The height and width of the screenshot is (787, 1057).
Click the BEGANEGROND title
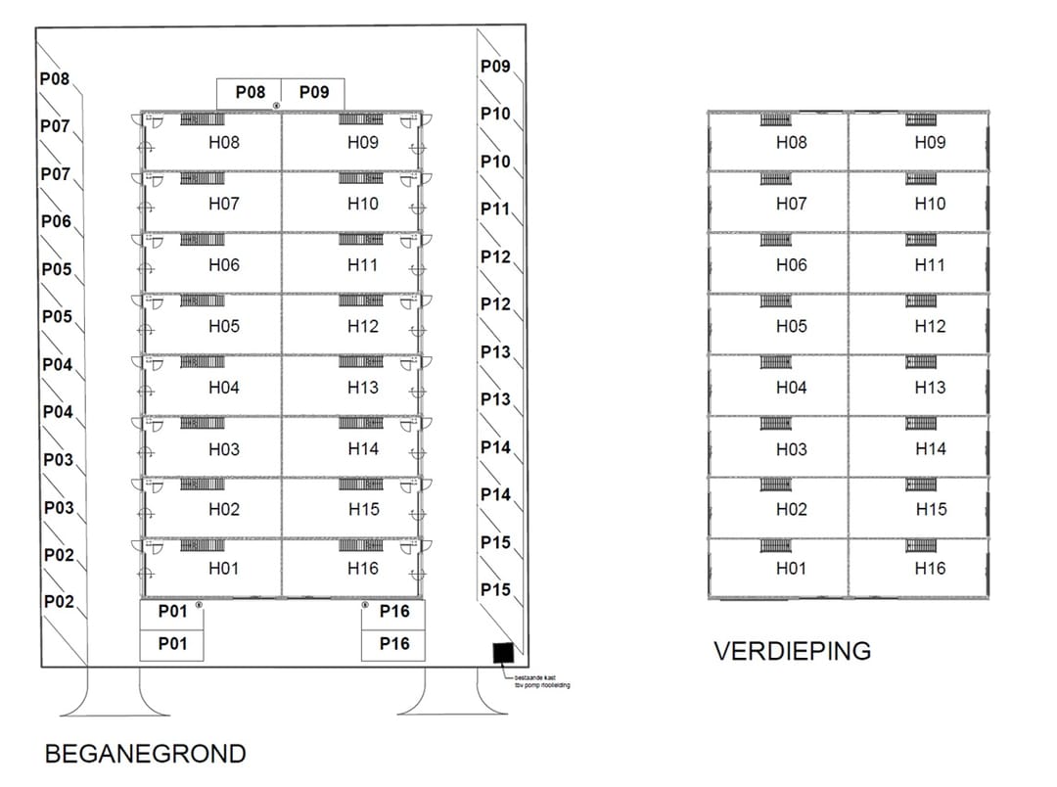point(145,754)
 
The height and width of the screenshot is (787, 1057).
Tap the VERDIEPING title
point(792,651)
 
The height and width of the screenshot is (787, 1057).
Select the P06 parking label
point(56,222)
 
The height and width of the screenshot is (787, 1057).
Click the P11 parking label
point(495,208)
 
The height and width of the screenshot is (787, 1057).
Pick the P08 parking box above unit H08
point(250,93)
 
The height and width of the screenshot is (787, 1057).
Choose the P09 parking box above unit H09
point(313,93)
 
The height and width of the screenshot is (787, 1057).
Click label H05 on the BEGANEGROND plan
point(223,326)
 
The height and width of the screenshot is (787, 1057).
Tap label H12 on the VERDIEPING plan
point(930,326)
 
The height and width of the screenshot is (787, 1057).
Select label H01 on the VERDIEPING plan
point(791,569)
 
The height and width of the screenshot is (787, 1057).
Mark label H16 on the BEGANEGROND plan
point(362,569)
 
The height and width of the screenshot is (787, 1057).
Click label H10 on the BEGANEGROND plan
point(362,204)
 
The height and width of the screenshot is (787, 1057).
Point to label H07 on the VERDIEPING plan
point(791,204)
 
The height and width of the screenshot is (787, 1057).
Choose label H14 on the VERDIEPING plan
point(930,448)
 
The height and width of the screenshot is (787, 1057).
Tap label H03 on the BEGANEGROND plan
point(223,448)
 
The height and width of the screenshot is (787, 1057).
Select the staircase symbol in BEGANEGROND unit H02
point(202,485)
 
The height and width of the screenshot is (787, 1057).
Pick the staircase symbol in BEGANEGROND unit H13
point(361,362)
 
